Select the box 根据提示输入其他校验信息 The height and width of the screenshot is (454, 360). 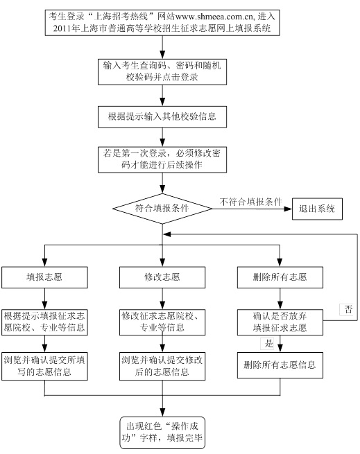click(162, 117)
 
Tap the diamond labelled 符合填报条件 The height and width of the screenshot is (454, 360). click(162, 209)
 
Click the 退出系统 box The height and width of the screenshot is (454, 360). click(317, 209)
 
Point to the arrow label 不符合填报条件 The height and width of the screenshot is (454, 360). click(250, 202)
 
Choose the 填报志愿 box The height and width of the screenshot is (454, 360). click(44, 277)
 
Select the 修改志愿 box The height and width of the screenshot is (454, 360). click(162, 277)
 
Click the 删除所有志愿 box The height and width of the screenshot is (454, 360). click(280, 277)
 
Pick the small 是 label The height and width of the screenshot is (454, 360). click(268, 344)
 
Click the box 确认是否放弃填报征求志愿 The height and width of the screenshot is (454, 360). click(280, 322)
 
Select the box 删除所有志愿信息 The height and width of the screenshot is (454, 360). click(280, 365)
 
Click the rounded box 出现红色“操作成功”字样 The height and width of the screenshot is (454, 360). click(162, 433)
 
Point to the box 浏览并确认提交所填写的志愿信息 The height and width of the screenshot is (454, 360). click(44, 366)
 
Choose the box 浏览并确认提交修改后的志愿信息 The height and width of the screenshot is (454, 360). click(162, 366)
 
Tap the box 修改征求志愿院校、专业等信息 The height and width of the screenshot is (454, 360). click(162, 322)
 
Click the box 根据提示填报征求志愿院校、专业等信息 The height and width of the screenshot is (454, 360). click(44, 322)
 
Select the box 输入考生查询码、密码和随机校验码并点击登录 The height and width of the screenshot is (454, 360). click(162, 72)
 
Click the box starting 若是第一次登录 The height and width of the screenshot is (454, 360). click(162, 160)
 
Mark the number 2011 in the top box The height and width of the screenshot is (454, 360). click(62, 28)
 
